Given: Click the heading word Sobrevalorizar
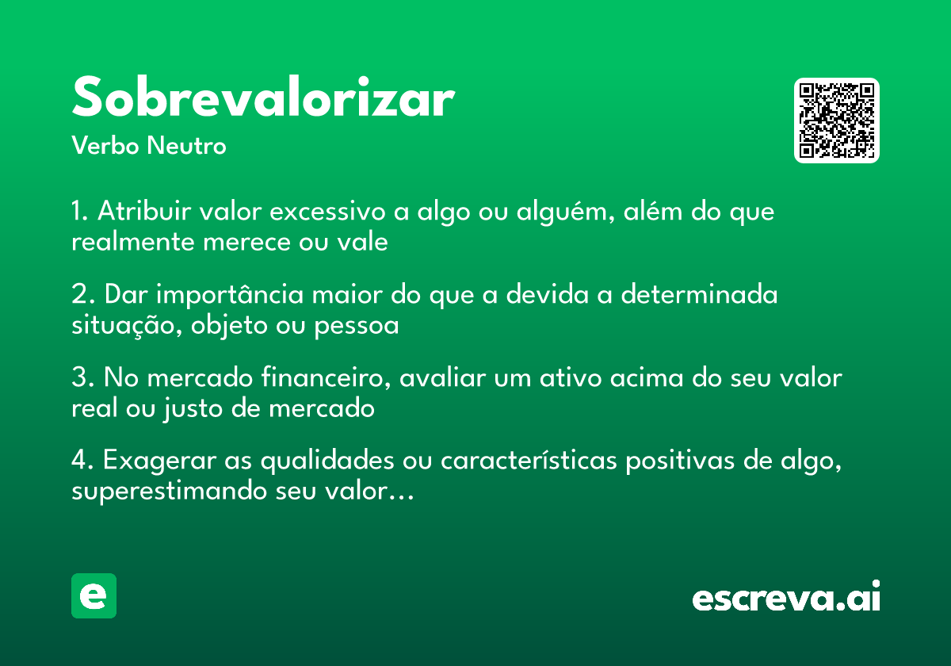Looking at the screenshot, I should coord(262,99).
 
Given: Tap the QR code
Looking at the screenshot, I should coord(837,121).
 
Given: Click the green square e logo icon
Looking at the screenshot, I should coord(94,596).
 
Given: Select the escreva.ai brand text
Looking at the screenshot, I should coord(786,599).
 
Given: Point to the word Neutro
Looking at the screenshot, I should coord(186,146).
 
